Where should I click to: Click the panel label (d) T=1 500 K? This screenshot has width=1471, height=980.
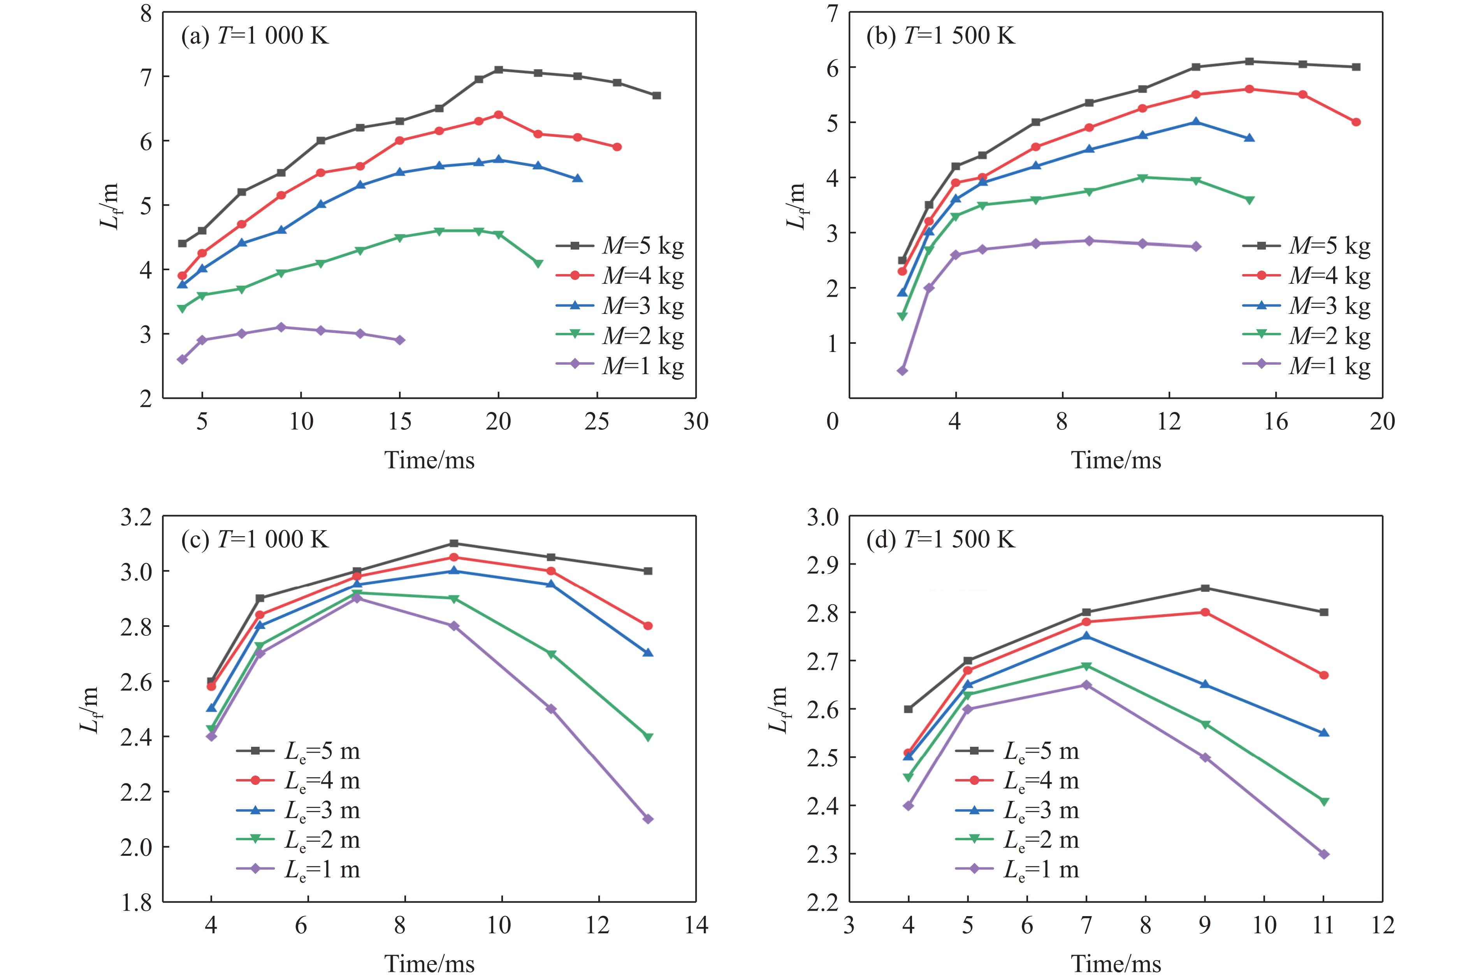[x=940, y=539]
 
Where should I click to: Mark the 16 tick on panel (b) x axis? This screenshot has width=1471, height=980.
[x=1276, y=422]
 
